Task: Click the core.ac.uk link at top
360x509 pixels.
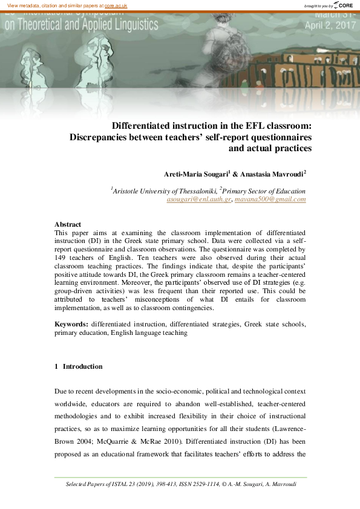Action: pos(116,5)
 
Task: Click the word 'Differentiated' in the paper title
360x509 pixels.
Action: pos(143,126)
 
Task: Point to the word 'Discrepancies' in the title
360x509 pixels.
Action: pos(100,137)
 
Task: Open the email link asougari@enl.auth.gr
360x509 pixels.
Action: pos(199,199)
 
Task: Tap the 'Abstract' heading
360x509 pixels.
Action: pos(68,224)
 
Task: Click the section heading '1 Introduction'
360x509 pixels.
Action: pos(79,366)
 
